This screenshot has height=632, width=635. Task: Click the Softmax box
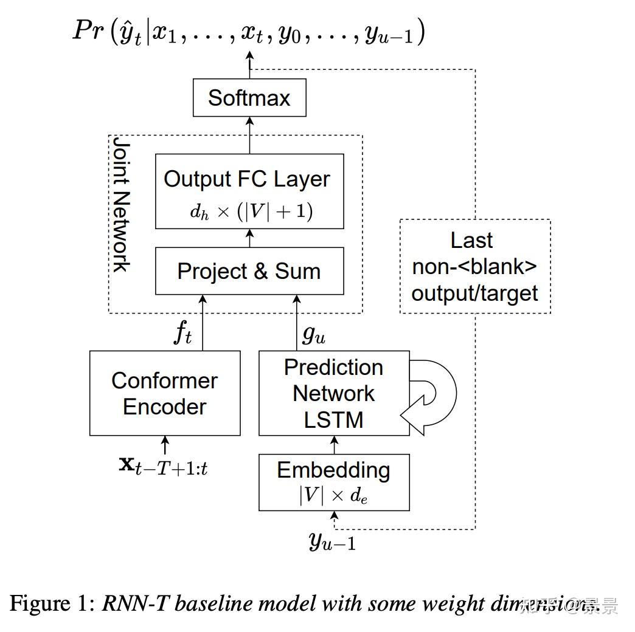point(249,98)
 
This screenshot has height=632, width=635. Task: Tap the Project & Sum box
point(249,271)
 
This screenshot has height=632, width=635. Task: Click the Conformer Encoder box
point(164,393)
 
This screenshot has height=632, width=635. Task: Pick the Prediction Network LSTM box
point(333,393)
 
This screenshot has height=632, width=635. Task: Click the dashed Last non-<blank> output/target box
point(474,267)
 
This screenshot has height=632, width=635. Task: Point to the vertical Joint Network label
point(121,204)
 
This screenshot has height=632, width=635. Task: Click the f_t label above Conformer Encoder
point(182,333)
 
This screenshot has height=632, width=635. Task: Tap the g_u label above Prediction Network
point(313,334)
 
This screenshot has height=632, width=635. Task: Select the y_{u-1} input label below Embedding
point(332,540)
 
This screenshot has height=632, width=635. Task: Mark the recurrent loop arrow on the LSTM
point(433,394)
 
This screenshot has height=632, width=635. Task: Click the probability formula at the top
point(248,32)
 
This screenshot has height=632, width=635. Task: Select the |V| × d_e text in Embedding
point(333,495)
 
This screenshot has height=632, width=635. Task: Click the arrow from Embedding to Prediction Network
point(333,444)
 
